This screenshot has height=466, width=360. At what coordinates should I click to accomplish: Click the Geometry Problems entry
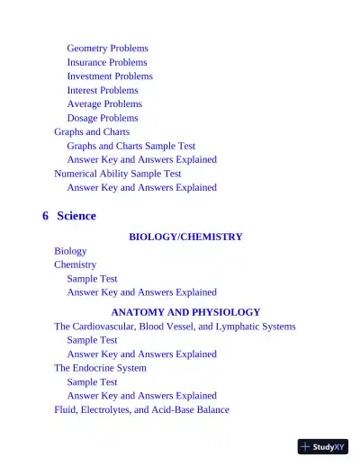pyautogui.click(x=107, y=49)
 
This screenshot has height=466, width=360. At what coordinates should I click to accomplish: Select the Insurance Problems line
pyautogui.click(x=106, y=62)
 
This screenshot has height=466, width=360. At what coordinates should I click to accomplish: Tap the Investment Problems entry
pyautogui.click(x=110, y=76)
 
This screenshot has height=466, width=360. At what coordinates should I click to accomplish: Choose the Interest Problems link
pyautogui.click(x=103, y=90)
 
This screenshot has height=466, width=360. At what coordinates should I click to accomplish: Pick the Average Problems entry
pyautogui.click(x=104, y=104)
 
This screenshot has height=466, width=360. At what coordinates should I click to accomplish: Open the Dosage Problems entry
pyautogui.click(x=103, y=118)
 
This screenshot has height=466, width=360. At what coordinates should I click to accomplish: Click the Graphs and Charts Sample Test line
pyautogui.click(x=130, y=146)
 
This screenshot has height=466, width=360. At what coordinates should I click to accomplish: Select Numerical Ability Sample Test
pyautogui.click(x=117, y=174)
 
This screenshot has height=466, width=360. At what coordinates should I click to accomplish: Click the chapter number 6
pyautogui.click(x=45, y=216)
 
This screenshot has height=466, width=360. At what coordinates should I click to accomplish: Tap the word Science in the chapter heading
pyautogui.click(x=76, y=216)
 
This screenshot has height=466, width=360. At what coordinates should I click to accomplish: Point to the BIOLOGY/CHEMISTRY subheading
pyautogui.click(x=185, y=237)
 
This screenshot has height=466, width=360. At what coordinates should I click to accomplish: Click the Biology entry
pyautogui.click(x=70, y=251)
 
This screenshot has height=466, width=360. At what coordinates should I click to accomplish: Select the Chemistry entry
pyautogui.click(x=75, y=264)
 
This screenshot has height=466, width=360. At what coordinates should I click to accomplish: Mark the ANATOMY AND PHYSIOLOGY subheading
pyautogui.click(x=185, y=312)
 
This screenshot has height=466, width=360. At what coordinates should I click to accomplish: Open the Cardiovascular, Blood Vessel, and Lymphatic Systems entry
pyautogui.click(x=175, y=327)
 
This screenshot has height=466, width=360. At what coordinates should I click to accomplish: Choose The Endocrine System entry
pyautogui.click(x=100, y=368)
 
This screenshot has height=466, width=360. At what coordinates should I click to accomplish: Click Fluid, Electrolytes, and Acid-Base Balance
pyautogui.click(x=141, y=409)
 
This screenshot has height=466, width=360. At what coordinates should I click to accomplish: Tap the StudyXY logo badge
pyautogui.click(x=323, y=446)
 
